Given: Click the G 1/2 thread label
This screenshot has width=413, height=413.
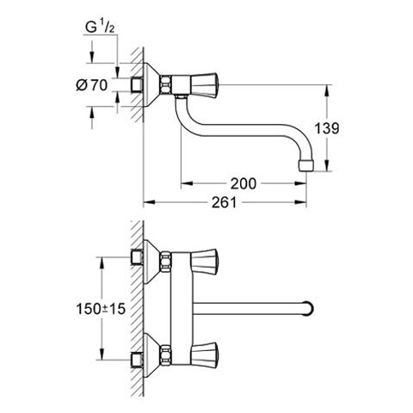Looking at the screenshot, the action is [101, 28].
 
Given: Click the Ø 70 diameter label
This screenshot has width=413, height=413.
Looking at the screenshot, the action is [92, 85].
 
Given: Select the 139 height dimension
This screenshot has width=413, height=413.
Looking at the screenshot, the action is [327, 128].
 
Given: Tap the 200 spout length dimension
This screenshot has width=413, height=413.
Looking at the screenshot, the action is [243, 183].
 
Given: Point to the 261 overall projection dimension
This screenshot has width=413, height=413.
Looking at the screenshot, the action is [225, 202].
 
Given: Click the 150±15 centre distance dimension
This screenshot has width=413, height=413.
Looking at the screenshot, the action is [101, 309].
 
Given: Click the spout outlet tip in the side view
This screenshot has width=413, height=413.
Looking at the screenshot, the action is [306, 166].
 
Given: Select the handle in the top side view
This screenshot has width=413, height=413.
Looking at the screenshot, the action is [205, 85].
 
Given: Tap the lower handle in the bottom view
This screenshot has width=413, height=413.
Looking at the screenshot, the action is [205, 354].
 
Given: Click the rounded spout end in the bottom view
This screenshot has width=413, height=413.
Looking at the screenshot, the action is [309, 309].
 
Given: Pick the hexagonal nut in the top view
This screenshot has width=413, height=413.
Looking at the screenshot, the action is [166, 85].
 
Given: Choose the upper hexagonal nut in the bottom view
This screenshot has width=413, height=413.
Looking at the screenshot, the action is [166, 262].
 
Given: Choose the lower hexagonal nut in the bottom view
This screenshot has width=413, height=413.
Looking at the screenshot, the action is [166, 354].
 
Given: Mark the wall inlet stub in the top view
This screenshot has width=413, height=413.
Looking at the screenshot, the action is [137, 85].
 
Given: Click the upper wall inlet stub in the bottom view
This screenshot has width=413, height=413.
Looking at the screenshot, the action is [137, 257].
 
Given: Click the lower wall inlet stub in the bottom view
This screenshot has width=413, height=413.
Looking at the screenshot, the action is [137, 361].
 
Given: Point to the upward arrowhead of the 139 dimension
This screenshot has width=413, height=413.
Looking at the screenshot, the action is [326, 89].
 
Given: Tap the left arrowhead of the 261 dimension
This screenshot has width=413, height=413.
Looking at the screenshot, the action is [149, 202].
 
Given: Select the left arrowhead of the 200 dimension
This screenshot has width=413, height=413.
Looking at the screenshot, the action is [187, 183].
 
